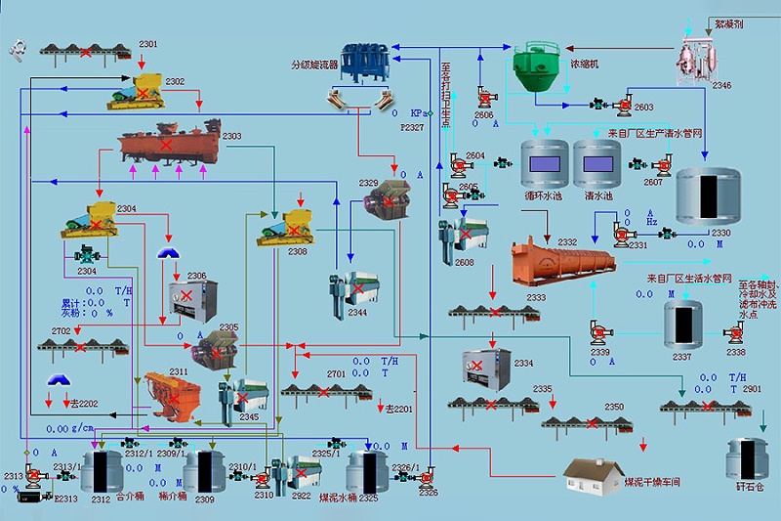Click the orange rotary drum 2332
[x=563, y=260]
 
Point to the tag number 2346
[x=721, y=86]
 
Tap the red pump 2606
[x=484, y=99]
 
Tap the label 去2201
[x=399, y=409]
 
